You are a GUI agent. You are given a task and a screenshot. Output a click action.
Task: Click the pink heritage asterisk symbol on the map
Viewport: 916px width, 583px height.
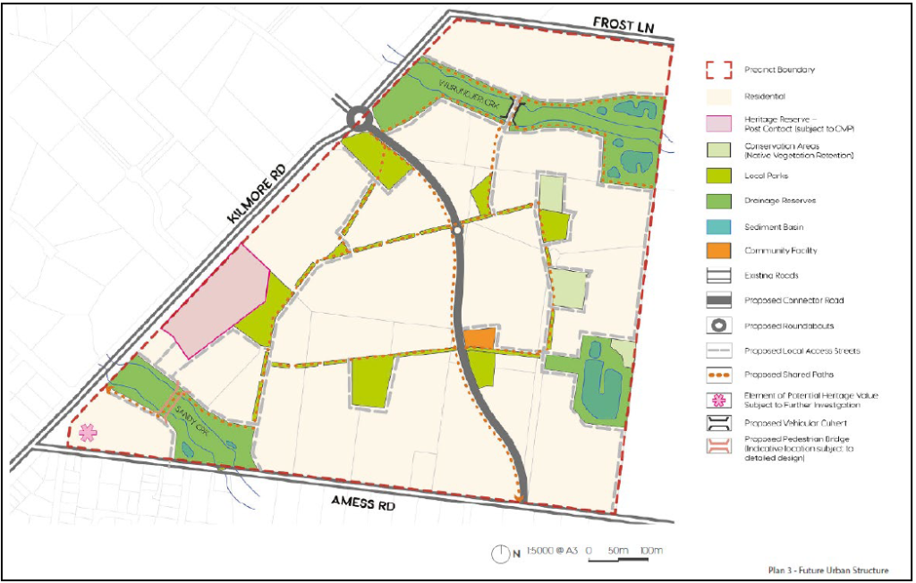(87, 433)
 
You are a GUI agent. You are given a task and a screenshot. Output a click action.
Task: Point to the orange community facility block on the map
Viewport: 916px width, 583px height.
(479, 339)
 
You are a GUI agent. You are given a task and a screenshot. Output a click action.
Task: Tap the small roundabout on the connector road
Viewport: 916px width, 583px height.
(457, 232)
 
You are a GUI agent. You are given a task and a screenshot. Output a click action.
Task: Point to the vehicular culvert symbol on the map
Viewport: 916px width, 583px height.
(509, 109)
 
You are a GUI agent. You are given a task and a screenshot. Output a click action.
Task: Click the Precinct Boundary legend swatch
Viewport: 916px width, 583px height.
(720, 70)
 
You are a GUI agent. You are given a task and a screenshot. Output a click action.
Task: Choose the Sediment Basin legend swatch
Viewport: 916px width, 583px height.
(720, 227)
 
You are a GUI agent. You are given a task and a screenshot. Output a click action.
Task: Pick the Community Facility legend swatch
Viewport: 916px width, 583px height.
(720, 251)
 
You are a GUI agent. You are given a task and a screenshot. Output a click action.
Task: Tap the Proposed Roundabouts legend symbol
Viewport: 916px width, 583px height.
(720, 325)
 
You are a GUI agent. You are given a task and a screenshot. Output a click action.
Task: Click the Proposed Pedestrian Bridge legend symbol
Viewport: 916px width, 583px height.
(720, 446)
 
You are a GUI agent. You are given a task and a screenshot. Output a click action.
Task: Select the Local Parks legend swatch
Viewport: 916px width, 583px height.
(720, 175)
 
